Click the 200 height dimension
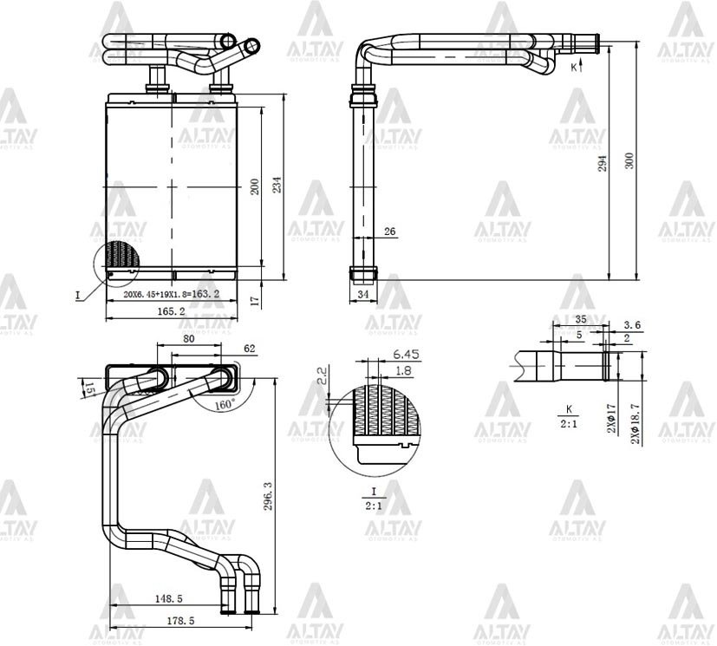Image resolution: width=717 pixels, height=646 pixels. pos(255,186)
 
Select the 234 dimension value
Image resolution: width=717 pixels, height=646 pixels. pos(278,185)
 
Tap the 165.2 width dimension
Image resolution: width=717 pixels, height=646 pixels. pos(171,310)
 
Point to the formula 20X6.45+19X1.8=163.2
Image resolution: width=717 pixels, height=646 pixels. pos(171,295)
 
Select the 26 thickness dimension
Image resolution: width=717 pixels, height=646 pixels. pos(389,232)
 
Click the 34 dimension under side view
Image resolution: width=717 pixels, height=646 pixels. pos(363,296)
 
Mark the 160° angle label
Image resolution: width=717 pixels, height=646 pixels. pos(225,404)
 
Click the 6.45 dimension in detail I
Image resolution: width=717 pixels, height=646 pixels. pos(406,355)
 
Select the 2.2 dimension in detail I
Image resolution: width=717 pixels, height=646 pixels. pos(323,376)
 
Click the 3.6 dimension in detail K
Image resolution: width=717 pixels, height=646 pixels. pos(632,325)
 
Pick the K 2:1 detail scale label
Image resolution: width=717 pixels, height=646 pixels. pos(570,416)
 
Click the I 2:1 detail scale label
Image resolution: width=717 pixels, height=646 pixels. pos(374,498)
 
